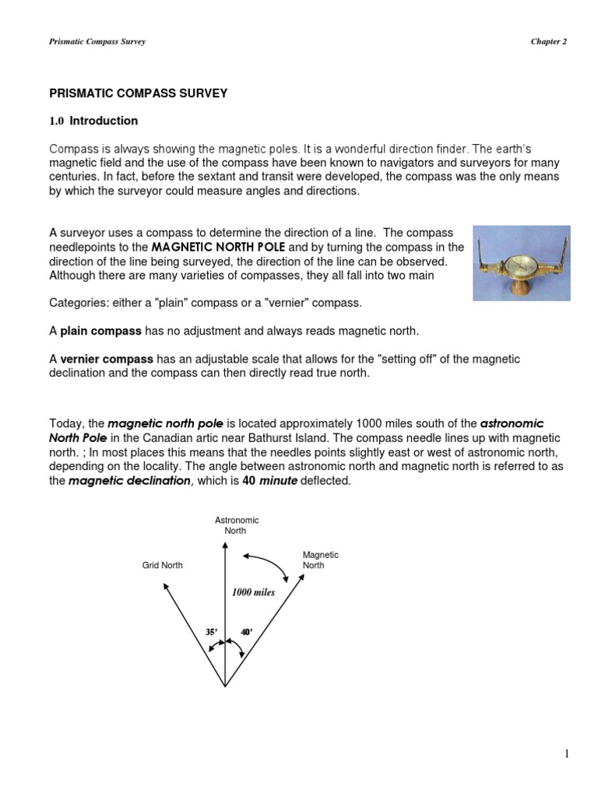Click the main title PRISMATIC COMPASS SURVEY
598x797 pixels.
(x=139, y=93)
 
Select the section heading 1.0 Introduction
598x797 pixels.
(x=93, y=121)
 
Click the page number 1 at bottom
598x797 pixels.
(x=568, y=753)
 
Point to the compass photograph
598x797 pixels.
(x=522, y=263)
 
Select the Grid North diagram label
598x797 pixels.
(x=162, y=565)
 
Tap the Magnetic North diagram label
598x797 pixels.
(x=320, y=560)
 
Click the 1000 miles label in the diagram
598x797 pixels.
(x=253, y=592)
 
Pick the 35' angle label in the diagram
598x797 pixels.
(x=210, y=632)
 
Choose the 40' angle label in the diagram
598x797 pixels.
(x=246, y=632)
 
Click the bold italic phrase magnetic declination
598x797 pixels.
(x=129, y=480)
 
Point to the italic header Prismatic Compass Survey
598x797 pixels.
(x=97, y=41)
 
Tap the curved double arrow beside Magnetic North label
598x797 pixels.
(x=269, y=565)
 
